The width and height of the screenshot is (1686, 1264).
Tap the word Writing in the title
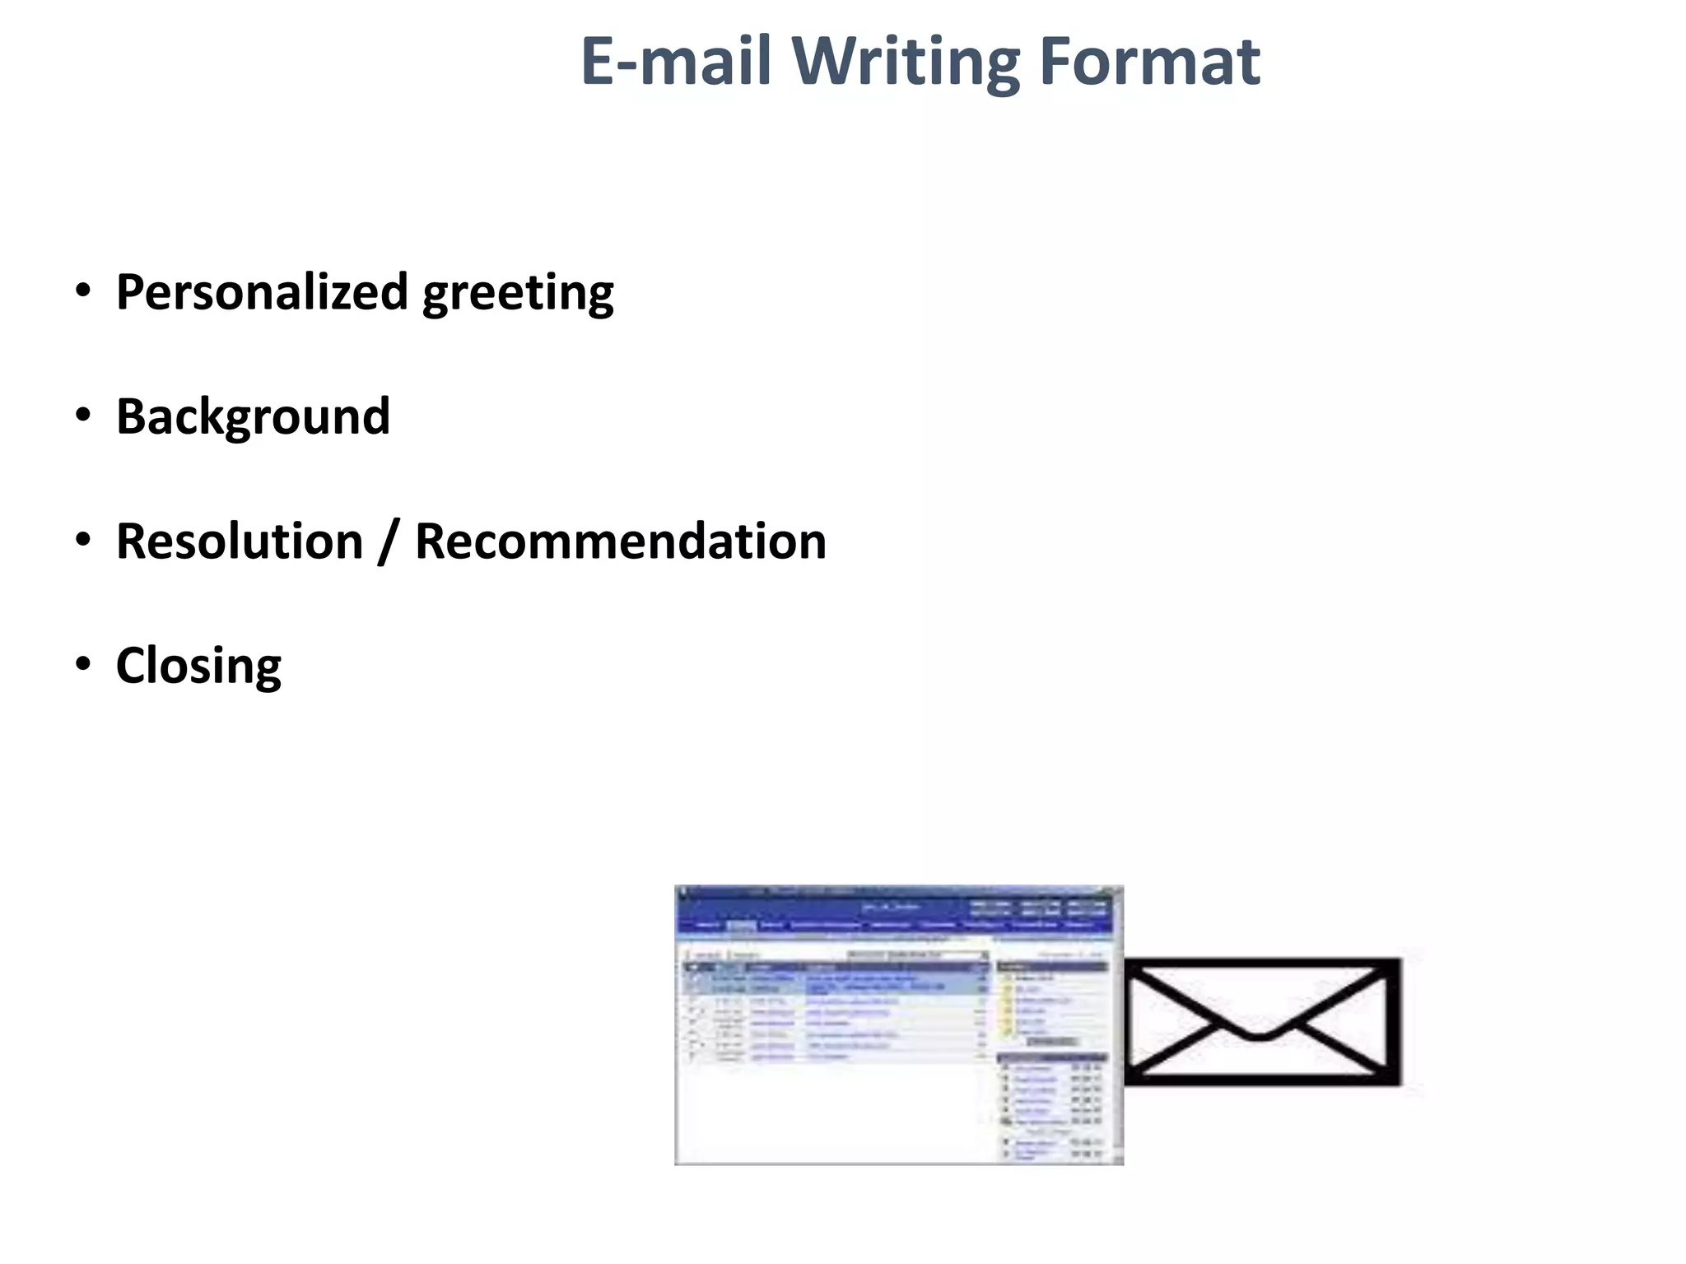pos(906,63)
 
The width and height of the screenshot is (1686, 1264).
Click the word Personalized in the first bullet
pos(262,291)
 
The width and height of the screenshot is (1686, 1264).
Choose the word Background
pos(253,416)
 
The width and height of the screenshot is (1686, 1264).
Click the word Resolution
pos(240,541)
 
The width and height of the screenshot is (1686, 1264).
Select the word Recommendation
pos(621,541)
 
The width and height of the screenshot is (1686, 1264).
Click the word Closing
pos(198,667)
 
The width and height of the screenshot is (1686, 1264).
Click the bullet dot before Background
pos(82,416)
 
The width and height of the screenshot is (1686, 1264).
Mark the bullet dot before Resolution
pos(82,541)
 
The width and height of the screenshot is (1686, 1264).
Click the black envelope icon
pos(1262,1021)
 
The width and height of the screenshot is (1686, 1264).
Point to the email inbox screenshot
pos(899,1025)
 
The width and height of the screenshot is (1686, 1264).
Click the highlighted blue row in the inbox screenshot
pos(836,983)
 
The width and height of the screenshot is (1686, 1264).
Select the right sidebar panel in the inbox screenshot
pos(1052,1062)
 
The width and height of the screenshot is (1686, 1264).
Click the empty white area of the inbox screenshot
pos(831,1111)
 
